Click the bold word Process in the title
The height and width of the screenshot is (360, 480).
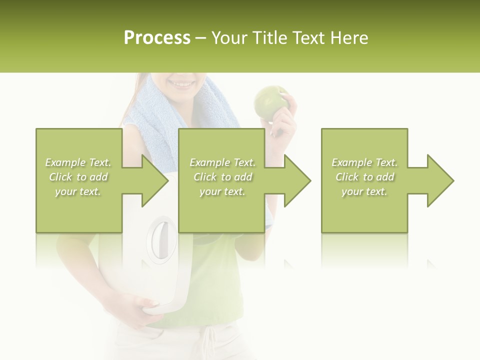pyautogui.click(x=157, y=37)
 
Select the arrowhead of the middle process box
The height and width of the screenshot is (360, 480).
pyautogui.click(x=296, y=180)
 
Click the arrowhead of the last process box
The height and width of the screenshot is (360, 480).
pyautogui.click(x=439, y=180)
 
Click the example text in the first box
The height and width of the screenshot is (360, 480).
pyautogui.click(x=78, y=177)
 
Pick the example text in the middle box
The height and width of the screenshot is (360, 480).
pyautogui.click(x=222, y=177)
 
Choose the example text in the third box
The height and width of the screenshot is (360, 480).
pyautogui.click(x=364, y=177)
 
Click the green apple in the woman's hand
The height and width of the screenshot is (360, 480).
pyautogui.click(x=270, y=101)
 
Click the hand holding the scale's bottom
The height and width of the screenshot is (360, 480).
pyautogui.click(x=145, y=304)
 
